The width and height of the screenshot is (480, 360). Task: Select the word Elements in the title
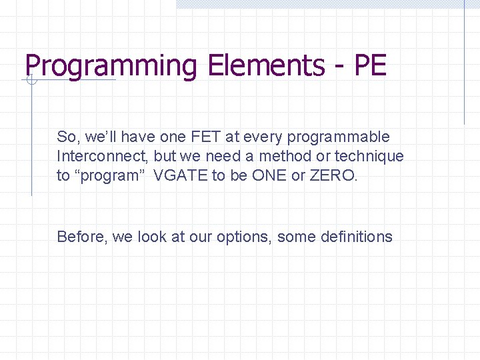point(266,65)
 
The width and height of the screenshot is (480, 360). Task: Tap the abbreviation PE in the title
point(371,65)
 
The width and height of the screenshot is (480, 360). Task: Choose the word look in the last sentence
point(152,237)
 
